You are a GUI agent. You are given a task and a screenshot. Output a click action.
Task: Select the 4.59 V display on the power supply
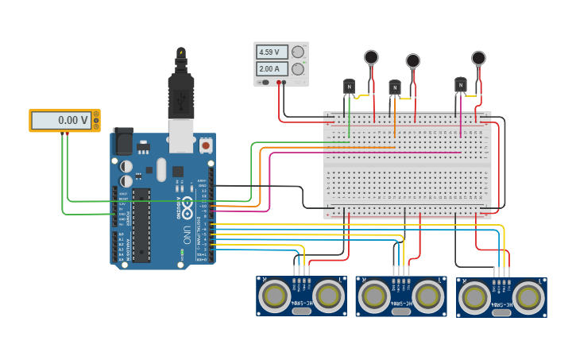pos(272,52)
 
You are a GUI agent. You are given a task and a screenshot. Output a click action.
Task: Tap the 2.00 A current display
pos(272,69)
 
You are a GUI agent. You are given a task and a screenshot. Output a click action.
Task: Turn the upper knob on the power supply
pos(298,52)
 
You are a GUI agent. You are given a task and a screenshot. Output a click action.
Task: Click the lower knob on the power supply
pos(298,69)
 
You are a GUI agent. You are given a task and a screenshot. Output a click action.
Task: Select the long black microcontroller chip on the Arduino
pos(141,225)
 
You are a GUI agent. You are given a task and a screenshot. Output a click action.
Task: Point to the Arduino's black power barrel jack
pos(123,141)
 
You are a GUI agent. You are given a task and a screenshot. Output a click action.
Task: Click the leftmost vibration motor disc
pos(371,57)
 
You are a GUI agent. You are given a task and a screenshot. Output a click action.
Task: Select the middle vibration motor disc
pos(413,60)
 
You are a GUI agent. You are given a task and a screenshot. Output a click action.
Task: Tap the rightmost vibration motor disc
pos(478,57)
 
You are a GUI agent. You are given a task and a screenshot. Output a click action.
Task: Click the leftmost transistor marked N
pos(349,87)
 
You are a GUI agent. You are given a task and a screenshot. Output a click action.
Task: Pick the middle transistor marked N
pos(395,87)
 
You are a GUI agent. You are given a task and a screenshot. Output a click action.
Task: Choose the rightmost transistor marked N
pos(461,84)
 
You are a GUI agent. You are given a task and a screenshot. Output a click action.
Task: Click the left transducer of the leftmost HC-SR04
pos(276,296)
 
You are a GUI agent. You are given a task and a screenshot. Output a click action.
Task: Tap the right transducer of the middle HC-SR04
pos(428,296)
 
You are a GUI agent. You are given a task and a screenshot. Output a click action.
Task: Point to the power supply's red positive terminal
pos(280,82)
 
